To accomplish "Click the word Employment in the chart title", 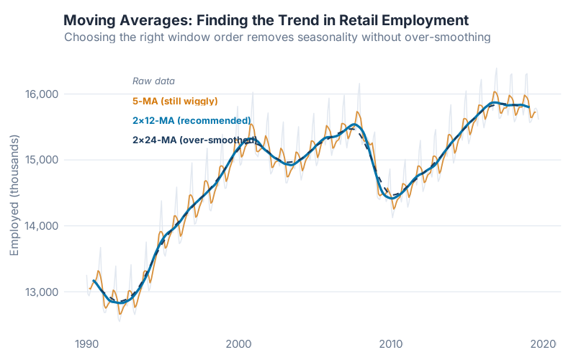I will pyautogui.click(x=420, y=19).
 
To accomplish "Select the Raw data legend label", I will pyautogui.click(x=153, y=81).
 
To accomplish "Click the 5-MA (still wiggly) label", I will pyautogui.click(x=175, y=101).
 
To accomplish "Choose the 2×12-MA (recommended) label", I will pyautogui.click(x=192, y=120).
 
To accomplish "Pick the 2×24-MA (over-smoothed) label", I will pyautogui.click(x=194, y=140).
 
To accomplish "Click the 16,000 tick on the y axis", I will pyautogui.click(x=42, y=94).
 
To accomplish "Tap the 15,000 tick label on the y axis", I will pyautogui.click(x=42, y=160).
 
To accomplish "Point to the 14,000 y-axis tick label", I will pyautogui.click(x=42, y=226).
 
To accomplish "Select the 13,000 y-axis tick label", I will pyautogui.click(x=42, y=292).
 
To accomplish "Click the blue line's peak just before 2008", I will pyautogui.click(x=355, y=125).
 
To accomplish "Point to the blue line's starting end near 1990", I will pyautogui.click(x=94, y=280).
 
